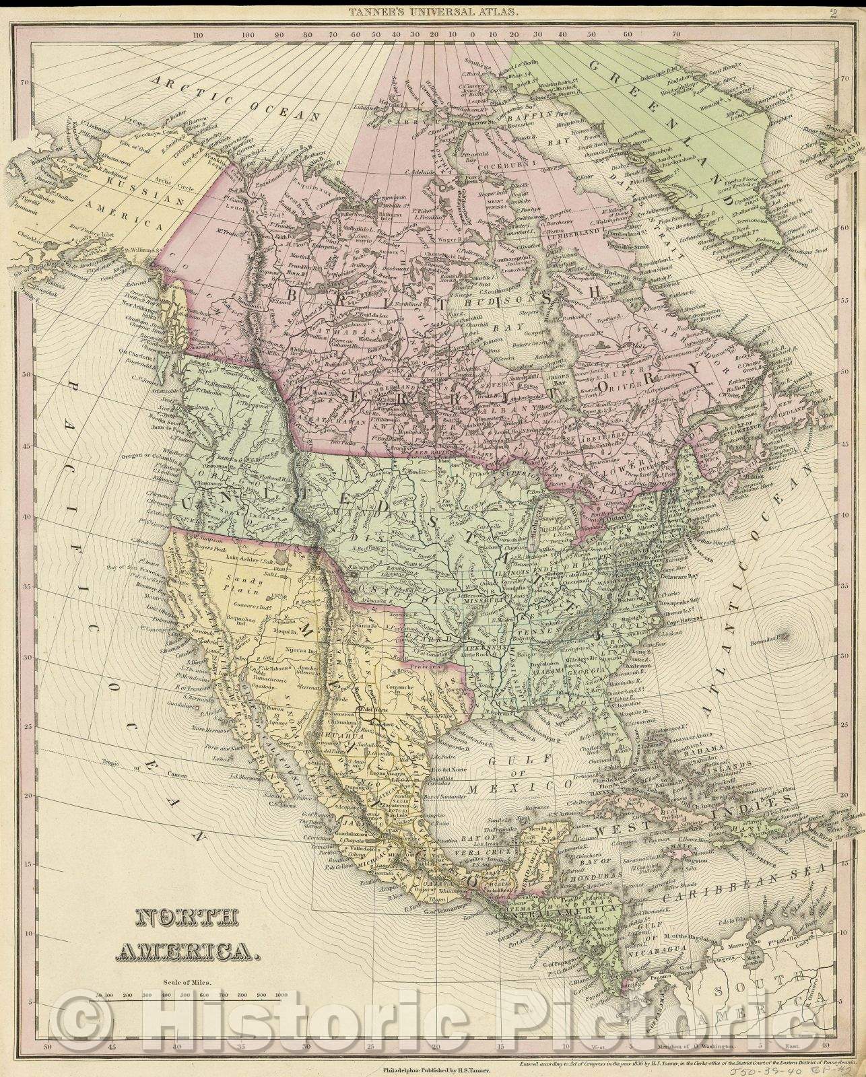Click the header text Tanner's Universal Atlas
coord(432,11)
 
